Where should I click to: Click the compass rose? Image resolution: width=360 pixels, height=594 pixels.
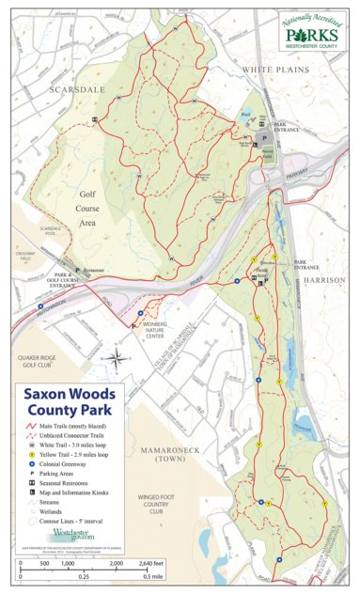(116, 358)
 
